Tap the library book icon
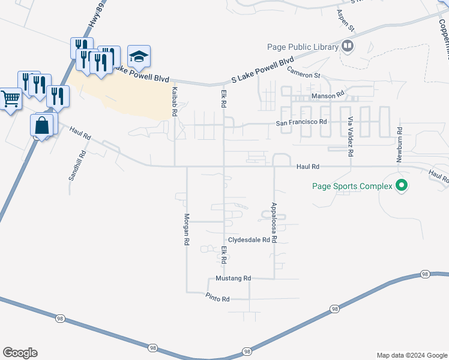tap(347, 46)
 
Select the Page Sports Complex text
tap(352, 186)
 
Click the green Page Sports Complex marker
tap(402, 186)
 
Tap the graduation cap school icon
tap(139, 56)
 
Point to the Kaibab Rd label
tap(174, 101)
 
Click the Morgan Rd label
tap(187, 229)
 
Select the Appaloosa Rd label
tap(273, 221)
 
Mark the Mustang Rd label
tap(233, 278)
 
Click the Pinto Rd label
tap(217, 298)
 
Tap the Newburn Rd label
tap(398, 144)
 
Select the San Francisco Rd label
tap(301, 122)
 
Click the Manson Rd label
tap(327, 95)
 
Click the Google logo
tap(20, 352)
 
